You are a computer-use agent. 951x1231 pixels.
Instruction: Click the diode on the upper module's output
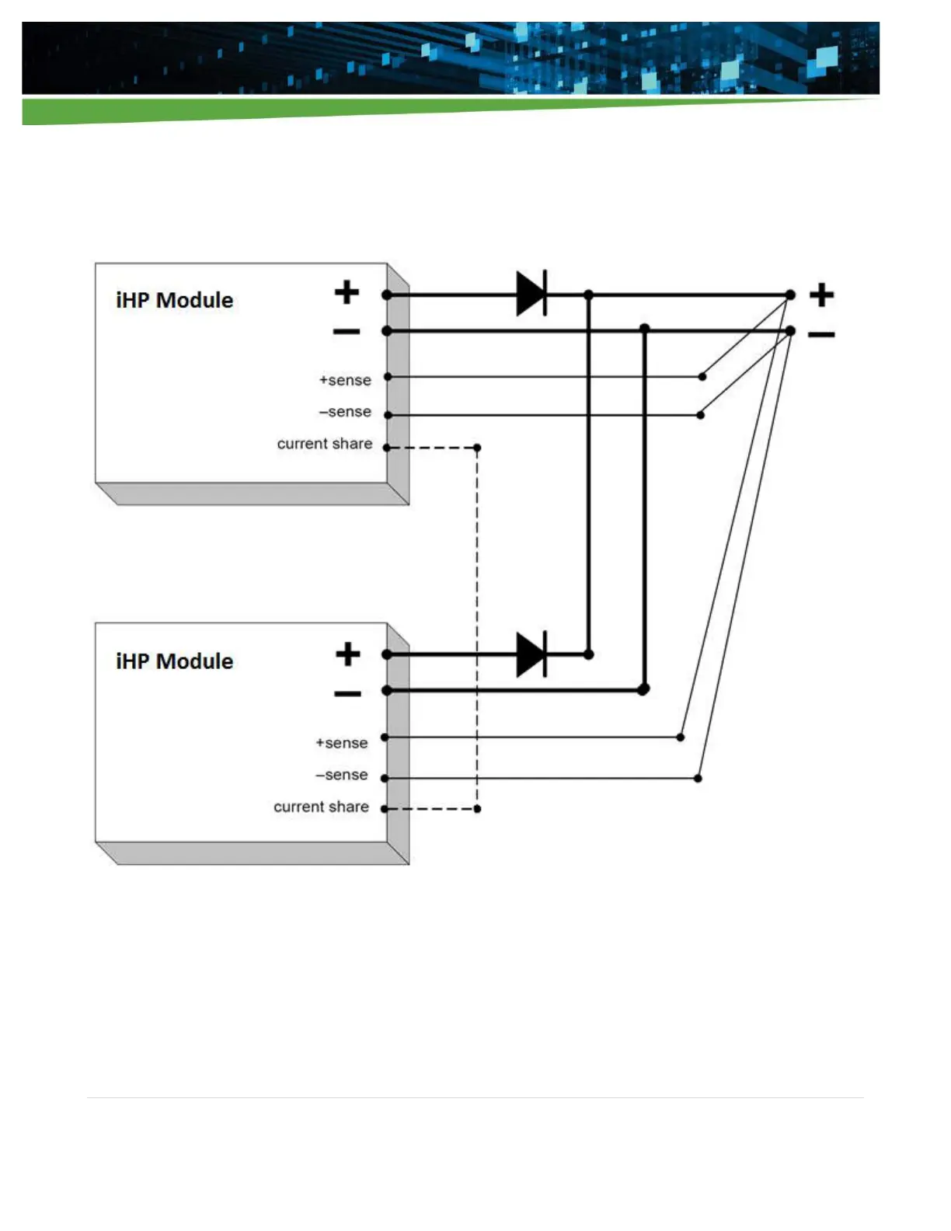(531, 294)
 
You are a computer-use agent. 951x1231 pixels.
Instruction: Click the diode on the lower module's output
(531, 654)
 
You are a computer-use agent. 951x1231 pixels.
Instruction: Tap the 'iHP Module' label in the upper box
(174, 300)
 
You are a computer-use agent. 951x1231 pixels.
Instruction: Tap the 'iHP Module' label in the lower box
(174, 661)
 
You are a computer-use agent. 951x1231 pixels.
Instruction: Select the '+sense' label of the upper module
(345, 380)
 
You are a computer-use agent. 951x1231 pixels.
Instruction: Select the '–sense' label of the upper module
(345, 412)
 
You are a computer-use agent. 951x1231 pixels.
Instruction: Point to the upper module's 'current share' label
(325, 444)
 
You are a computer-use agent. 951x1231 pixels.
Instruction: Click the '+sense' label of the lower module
(342, 743)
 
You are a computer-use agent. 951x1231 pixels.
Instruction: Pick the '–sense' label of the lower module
(342, 775)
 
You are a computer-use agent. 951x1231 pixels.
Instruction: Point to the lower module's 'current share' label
(321, 807)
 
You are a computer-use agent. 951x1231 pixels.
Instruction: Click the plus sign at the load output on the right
(821, 295)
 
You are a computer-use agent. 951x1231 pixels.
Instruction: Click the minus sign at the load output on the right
(821, 335)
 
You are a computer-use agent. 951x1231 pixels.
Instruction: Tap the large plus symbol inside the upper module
(347, 292)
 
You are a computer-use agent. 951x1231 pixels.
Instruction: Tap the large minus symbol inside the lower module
(347, 693)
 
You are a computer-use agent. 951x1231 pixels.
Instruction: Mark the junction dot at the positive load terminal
(790, 295)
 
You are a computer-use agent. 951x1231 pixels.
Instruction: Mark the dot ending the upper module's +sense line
(702, 377)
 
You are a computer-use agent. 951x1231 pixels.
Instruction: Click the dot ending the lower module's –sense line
(698, 778)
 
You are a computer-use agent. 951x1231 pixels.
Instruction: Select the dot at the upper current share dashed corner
(477, 448)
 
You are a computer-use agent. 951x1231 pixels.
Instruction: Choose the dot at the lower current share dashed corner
(477, 809)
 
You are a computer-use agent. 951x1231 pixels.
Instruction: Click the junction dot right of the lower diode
(589, 654)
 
